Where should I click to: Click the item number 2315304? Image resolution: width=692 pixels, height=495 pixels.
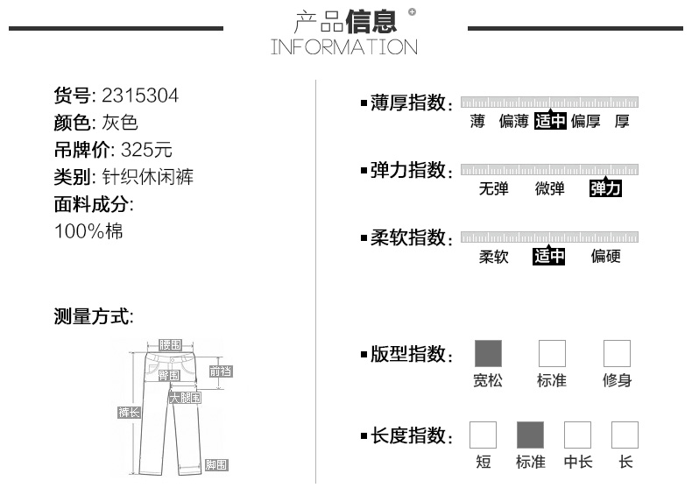(140, 95)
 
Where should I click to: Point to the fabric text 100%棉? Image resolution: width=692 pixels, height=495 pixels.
(88, 231)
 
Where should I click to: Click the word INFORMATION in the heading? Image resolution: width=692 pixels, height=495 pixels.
(344, 46)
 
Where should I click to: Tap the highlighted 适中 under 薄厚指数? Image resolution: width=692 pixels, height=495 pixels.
(550, 122)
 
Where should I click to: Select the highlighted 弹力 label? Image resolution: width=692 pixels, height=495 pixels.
(605, 188)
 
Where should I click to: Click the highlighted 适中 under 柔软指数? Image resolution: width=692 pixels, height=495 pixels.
(549, 256)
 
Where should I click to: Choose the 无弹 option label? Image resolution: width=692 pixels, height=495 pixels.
(493, 188)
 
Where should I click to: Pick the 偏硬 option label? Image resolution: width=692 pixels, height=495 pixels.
(605, 256)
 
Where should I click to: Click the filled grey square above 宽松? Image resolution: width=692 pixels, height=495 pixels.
(488, 354)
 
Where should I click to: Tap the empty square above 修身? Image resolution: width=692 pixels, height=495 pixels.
(617, 354)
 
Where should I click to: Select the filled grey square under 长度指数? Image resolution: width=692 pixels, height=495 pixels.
(530, 435)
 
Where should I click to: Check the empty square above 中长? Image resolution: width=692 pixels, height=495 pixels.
(577, 435)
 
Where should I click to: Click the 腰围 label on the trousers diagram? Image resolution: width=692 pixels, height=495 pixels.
(170, 345)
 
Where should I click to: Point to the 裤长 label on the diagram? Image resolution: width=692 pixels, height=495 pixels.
(129, 413)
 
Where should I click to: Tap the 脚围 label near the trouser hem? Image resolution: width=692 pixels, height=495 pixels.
(215, 465)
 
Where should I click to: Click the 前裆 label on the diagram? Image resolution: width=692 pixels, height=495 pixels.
(221, 371)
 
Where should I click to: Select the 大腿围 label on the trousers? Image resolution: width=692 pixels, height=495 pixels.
(185, 398)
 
